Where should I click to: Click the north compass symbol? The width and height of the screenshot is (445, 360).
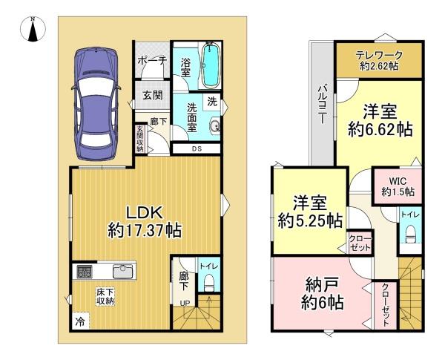click(x=33, y=29)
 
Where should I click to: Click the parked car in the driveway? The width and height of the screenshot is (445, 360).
click(x=96, y=104)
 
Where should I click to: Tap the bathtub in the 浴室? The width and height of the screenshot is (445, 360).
click(x=210, y=65)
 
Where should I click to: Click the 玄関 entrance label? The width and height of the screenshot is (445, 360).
click(x=153, y=95)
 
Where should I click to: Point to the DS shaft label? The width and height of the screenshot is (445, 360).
click(x=197, y=148)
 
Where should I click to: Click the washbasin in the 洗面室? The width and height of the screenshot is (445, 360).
click(x=214, y=125)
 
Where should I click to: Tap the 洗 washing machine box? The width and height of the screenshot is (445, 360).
click(x=212, y=101)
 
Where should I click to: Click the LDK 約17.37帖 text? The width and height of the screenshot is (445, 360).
click(x=145, y=222)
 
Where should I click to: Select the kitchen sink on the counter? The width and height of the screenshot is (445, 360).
click(x=123, y=272)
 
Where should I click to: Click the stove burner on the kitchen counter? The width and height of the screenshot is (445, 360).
click(x=85, y=272)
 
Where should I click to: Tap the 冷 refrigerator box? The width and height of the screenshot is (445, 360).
click(x=80, y=321)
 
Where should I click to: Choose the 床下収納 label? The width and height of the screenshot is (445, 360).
click(x=105, y=297)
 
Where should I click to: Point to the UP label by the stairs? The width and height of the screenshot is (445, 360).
click(x=185, y=304)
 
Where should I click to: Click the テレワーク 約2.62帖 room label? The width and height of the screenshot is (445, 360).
click(x=379, y=61)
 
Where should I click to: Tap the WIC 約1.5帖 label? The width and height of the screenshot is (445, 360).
click(x=398, y=186)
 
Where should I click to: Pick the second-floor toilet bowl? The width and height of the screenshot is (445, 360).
click(x=411, y=234)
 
